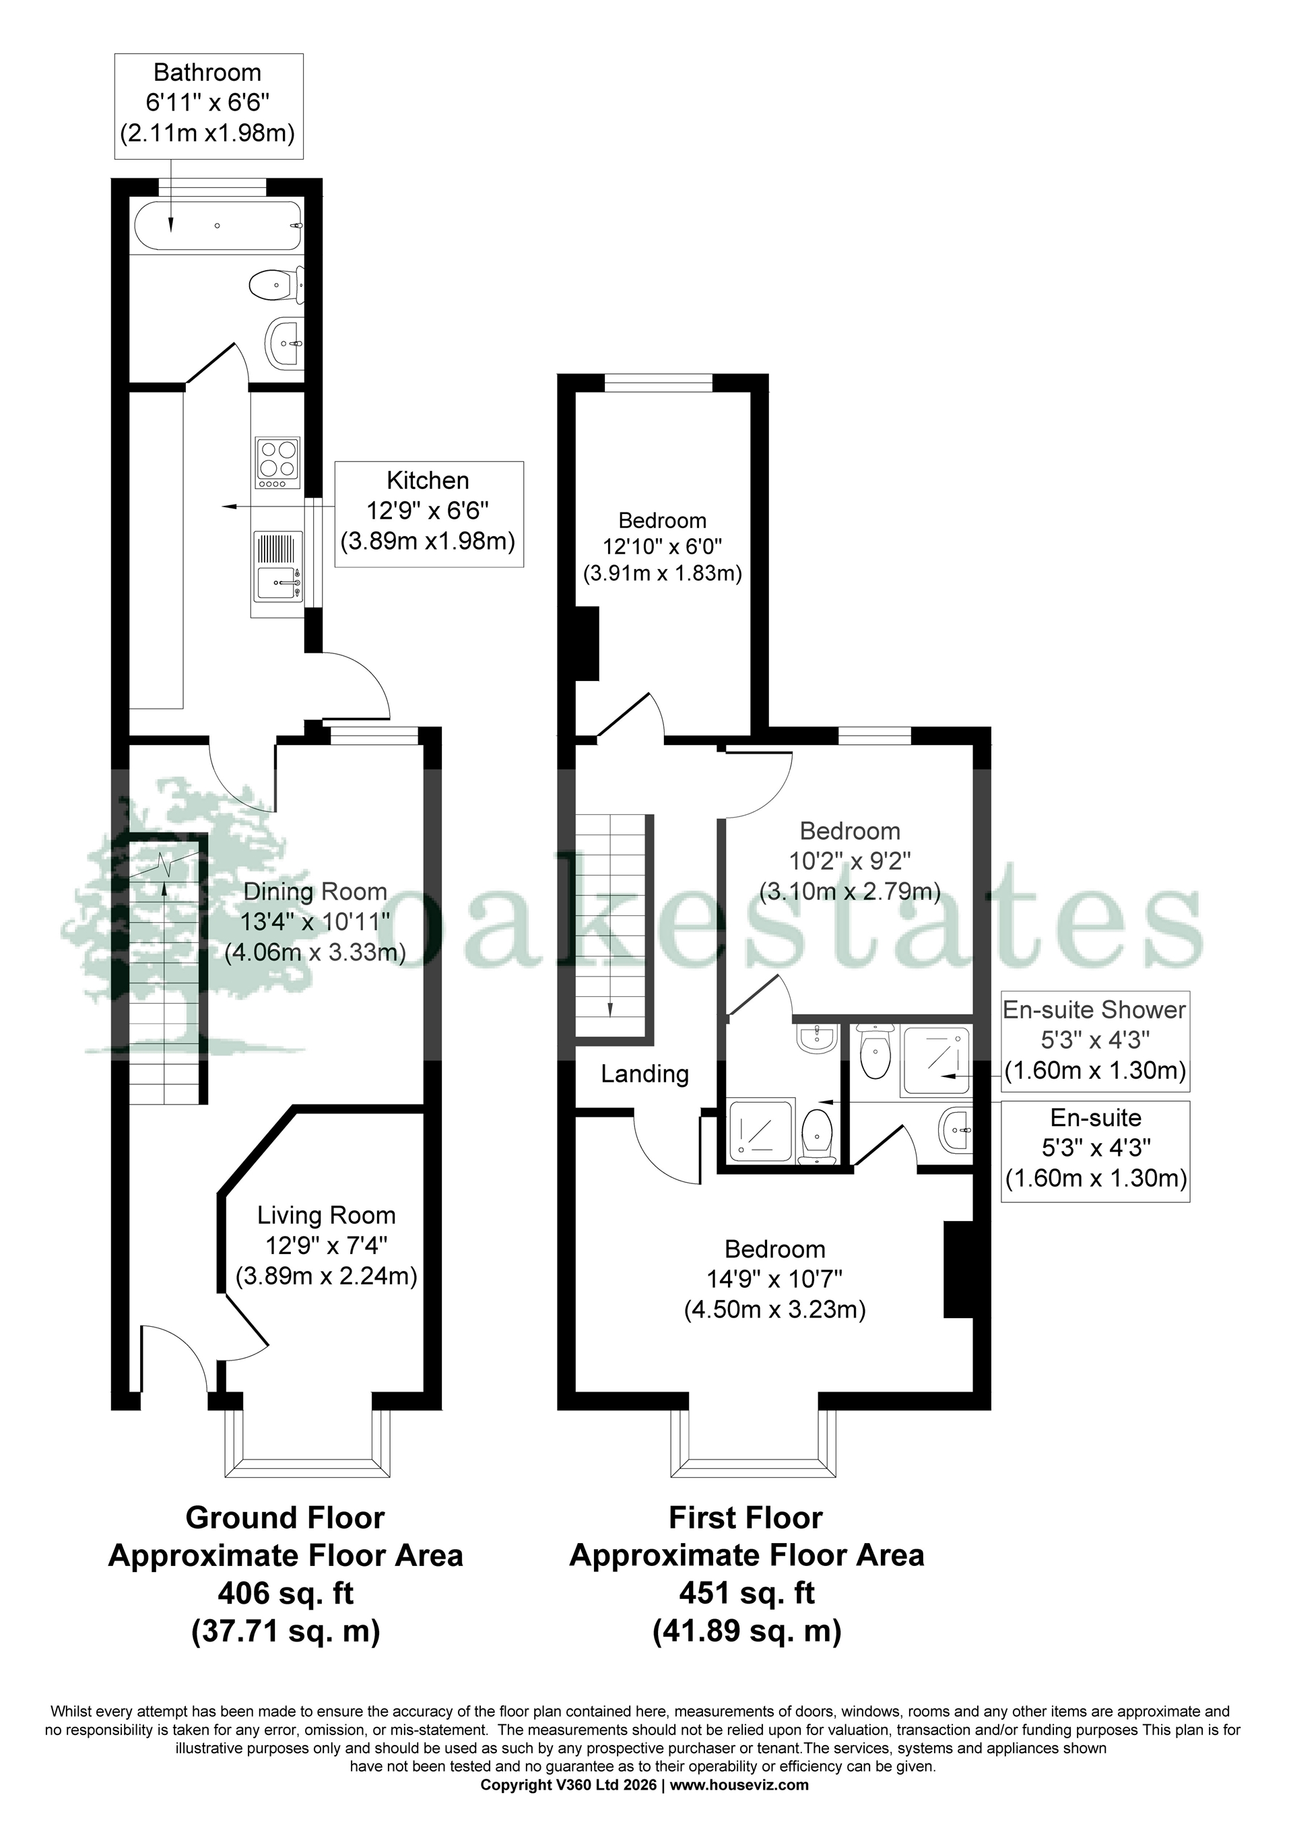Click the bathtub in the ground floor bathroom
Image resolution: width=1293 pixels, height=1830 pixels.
217,226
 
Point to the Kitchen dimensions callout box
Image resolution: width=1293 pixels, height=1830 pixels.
429,513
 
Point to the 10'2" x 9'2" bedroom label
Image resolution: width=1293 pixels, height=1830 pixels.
850,861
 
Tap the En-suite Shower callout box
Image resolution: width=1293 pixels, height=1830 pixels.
1094,1040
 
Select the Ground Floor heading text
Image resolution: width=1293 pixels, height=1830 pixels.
286,1517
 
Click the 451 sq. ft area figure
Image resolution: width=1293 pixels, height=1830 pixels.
746,1594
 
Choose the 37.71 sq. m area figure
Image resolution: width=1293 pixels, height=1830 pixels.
286,1631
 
